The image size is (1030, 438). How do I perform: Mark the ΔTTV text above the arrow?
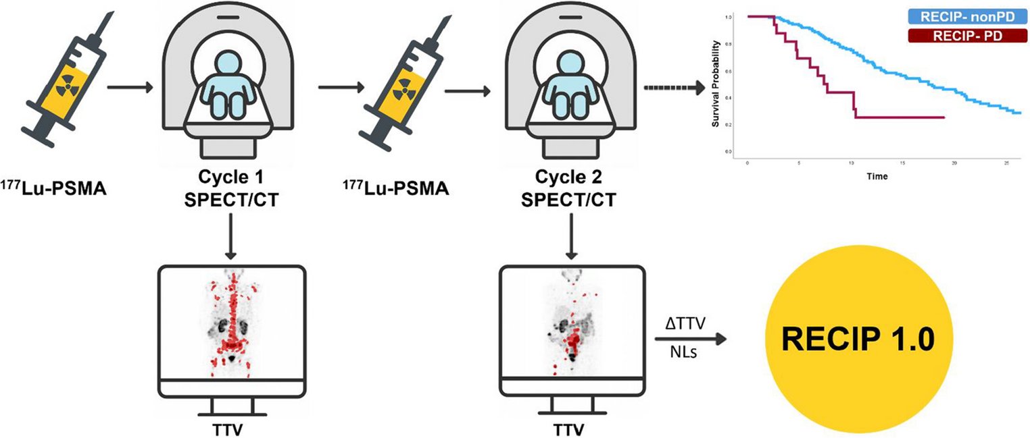pyautogui.click(x=686, y=325)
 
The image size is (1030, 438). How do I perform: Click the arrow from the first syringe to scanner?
pyautogui.click(x=132, y=87)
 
